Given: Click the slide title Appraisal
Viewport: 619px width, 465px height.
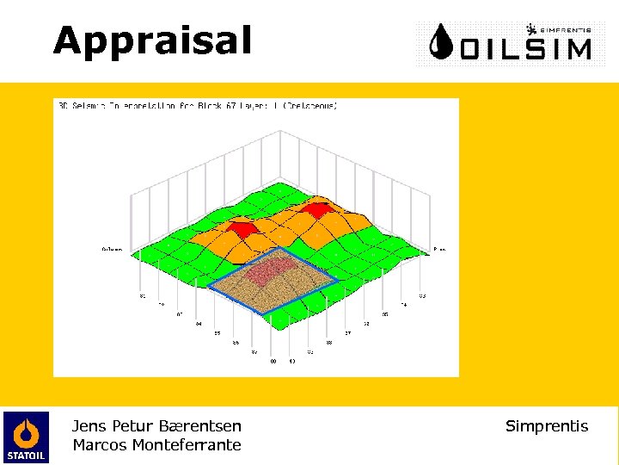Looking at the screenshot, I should click(x=152, y=40).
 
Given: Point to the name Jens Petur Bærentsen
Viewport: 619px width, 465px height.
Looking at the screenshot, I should click(x=156, y=425).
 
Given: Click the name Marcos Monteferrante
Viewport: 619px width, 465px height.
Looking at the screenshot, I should click(x=156, y=445).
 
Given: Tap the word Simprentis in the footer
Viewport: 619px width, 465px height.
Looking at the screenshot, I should click(x=547, y=425).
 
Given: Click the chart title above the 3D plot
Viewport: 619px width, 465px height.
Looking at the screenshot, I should click(x=198, y=106).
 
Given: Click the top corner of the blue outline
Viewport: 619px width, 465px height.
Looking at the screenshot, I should click(x=279, y=248).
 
